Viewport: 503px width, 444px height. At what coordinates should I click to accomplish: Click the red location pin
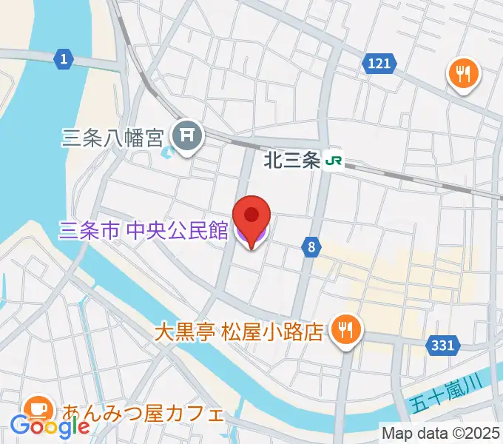[x=251, y=218]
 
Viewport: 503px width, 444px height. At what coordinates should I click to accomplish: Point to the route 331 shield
[x=444, y=344]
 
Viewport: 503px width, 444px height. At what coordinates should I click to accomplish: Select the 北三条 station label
[x=292, y=160]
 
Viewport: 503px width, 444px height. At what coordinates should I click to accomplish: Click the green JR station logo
[x=334, y=160]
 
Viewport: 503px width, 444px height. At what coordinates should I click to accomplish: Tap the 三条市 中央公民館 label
[x=143, y=232]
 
